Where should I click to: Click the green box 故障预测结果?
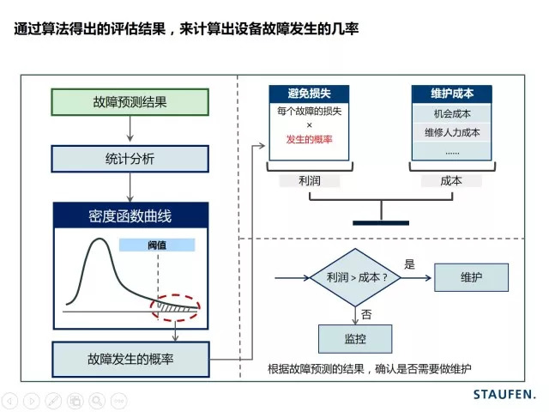(x=130, y=101)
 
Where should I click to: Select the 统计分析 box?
(x=130, y=159)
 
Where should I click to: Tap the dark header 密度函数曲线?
(x=130, y=215)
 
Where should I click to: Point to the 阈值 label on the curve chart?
(x=157, y=245)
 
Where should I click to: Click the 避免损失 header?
(x=309, y=94)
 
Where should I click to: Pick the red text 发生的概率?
(x=309, y=139)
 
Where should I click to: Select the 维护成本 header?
(x=452, y=94)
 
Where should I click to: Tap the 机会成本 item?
(x=452, y=113)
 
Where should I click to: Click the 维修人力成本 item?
(x=452, y=132)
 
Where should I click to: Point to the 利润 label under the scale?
(x=309, y=181)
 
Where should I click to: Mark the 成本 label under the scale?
(x=451, y=181)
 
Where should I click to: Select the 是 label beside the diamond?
(x=409, y=265)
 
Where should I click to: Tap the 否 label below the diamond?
(x=366, y=313)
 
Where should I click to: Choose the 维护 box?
(x=471, y=277)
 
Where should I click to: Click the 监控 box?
(x=354, y=339)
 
